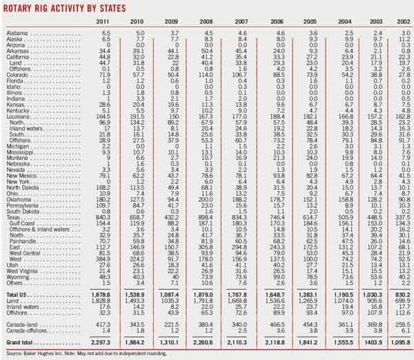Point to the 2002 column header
pos(401,22)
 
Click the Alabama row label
pos(17,33)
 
